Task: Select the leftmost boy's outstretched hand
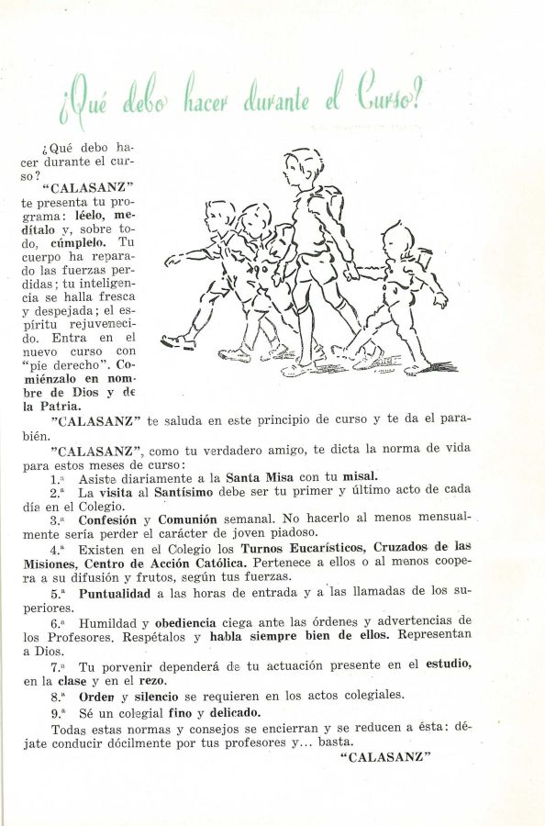pyautogui.click(x=172, y=260)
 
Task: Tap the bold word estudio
pyautogui.click(x=448, y=664)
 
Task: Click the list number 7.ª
pyautogui.click(x=58, y=666)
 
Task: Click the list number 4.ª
pyautogui.click(x=58, y=550)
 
